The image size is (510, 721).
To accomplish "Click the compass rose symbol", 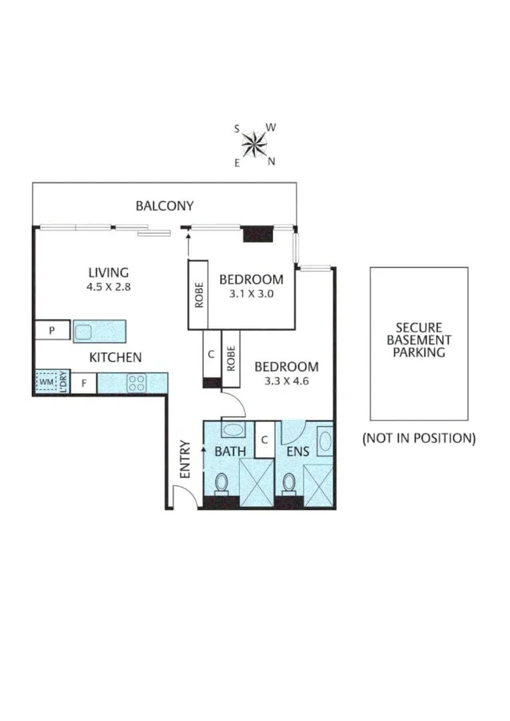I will click(x=254, y=142).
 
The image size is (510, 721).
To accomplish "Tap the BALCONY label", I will click(x=164, y=206).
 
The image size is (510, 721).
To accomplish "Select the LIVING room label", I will click(x=108, y=272).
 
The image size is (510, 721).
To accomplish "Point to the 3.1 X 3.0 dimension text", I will click(x=251, y=293).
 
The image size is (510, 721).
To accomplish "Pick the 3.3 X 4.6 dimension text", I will click(x=286, y=382).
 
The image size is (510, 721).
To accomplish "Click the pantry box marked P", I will click(x=51, y=330).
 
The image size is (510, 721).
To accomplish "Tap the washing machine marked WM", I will click(x=45, y=383).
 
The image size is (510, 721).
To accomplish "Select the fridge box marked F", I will click(x=84, y=383).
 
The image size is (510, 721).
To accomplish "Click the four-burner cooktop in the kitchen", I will click(x=137, y=383).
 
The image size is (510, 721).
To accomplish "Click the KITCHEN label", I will click(x=115, y=357).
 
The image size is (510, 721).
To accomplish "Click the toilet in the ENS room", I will click(x=289, y=483).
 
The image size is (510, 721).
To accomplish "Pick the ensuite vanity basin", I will click(x=325, y=442).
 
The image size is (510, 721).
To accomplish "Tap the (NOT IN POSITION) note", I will click(x=419, y=439).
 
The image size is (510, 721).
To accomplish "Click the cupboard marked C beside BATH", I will click(x=264, y=440).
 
